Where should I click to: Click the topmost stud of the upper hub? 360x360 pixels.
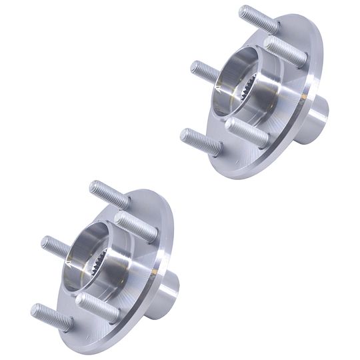point(257,20)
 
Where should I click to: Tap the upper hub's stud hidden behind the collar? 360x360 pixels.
point(205,72)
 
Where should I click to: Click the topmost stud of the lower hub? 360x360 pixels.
point(109,193)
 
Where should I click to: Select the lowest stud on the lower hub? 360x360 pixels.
point(50,317)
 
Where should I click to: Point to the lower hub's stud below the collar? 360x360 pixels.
point(97,307)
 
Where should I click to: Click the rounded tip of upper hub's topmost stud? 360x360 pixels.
point(243,11)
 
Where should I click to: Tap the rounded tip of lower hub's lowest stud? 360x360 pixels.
point(34,310)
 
